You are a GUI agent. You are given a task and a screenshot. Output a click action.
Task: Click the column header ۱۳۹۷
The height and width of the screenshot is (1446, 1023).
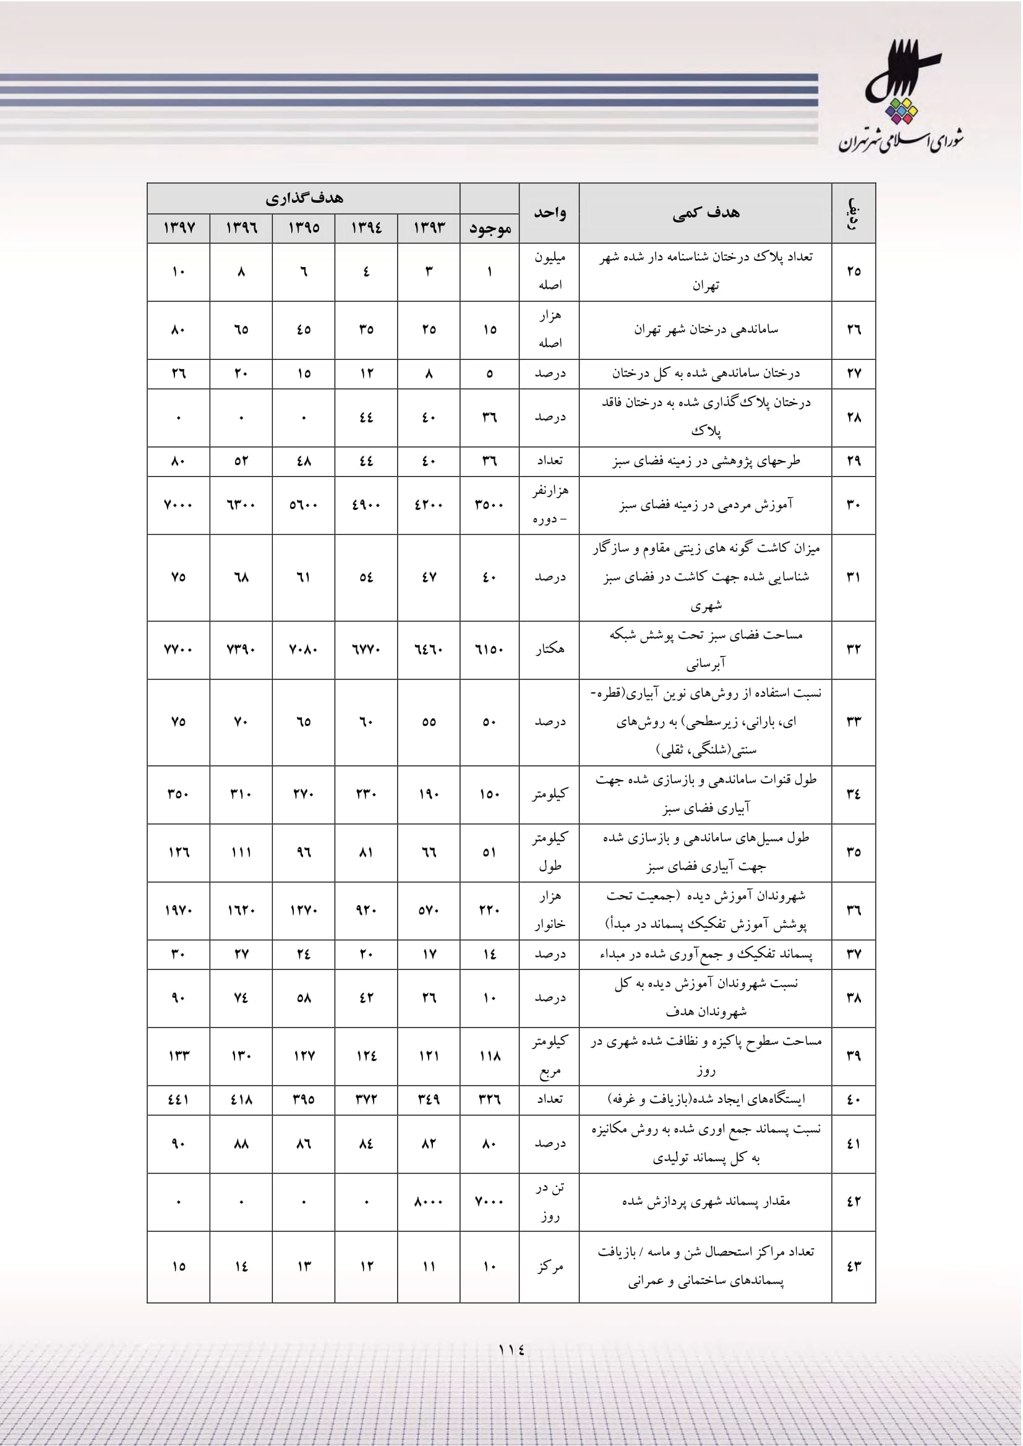coord(179,228)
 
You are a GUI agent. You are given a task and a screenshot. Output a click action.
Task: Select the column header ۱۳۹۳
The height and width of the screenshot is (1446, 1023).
coord(429,228)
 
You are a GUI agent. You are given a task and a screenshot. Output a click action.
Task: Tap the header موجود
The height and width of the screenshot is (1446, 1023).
coord(489,229)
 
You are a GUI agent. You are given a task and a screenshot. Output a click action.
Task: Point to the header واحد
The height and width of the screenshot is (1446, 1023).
coord(549,213)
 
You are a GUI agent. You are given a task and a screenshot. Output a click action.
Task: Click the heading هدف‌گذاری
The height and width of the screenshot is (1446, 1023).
coord(304,198)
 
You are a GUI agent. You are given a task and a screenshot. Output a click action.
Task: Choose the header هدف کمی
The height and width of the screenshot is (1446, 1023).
coord(706,213)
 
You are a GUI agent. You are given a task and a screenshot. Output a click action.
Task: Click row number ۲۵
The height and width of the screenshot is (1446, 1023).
coord(854,271)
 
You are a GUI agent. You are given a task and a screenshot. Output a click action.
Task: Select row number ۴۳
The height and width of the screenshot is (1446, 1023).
coord(854,1267)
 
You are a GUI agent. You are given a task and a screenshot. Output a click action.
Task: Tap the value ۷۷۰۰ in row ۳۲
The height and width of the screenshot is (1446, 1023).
coord(179,649)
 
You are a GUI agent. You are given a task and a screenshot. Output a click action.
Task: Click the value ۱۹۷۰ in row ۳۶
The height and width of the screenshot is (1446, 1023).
coord(179,910)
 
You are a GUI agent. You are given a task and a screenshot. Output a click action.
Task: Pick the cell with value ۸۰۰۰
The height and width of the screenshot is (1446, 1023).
coord(429,1202)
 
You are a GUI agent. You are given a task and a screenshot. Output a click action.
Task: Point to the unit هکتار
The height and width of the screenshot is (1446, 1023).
coord(549,649)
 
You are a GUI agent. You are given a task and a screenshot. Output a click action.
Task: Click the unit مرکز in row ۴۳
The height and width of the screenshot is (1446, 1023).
coord(549,1267)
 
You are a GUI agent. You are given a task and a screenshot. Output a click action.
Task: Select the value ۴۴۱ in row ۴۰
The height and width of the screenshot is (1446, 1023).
coord(179,1100)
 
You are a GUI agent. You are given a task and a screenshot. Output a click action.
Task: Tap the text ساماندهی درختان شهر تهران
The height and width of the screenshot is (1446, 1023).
coord(706,330)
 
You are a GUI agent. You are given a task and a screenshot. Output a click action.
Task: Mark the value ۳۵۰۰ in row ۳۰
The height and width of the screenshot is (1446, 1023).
coord(489,505)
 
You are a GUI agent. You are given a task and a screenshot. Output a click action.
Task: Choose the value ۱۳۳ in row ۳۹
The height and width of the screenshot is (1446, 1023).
coord(179,1055)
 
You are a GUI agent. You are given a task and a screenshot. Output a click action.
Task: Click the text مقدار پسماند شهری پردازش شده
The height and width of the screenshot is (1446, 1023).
coord(706,1201)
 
